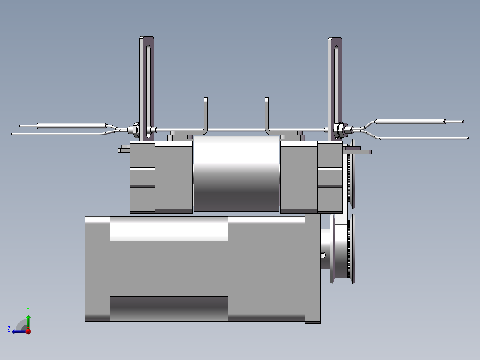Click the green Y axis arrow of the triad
click(28, 320)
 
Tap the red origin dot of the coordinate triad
click(28, 331)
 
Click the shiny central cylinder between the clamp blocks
click(236, 174)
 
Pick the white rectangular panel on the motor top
click(169, 229)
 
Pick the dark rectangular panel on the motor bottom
click(169, 308)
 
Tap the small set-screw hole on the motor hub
click(323, 255)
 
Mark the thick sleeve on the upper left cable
click(71, 126)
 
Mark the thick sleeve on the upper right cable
click(410, 121)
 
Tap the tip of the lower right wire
click(468, 138)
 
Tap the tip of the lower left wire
click(12, 134)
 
